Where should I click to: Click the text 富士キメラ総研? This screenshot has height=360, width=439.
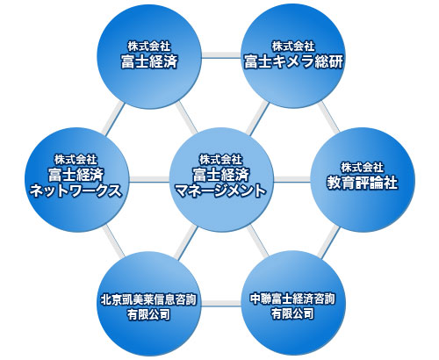coord(293,61)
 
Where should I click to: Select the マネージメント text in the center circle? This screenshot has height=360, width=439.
coord(221,191)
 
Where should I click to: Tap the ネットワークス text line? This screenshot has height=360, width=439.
coord(76,191)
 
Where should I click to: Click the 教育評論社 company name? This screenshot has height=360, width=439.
coord(363,183)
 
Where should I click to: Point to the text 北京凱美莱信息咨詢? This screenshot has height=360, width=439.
coord(148,299)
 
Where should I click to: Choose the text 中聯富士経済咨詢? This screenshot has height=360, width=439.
coord(292,299)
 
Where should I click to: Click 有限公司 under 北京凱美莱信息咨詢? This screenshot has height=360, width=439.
coord(148,314)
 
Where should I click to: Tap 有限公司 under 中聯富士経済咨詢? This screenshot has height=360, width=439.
coord(292,314)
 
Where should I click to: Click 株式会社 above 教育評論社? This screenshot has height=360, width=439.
coord(362,168)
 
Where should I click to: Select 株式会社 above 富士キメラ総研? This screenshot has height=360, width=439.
coord(293,47)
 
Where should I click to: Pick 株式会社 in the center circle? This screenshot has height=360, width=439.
coord(221,160)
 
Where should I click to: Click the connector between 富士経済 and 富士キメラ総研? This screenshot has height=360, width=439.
coord(221,55)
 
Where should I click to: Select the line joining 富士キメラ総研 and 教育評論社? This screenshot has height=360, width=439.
coord(329,117)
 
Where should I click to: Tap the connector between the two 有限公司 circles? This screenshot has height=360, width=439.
coord(221,303)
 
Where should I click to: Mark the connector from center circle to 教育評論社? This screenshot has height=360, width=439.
coord(292,179)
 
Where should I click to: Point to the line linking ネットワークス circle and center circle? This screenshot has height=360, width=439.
coord(149,179)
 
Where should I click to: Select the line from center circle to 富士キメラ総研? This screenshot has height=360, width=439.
coord(257,118)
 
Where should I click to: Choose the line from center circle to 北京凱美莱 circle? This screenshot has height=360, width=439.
coord(185,241)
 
